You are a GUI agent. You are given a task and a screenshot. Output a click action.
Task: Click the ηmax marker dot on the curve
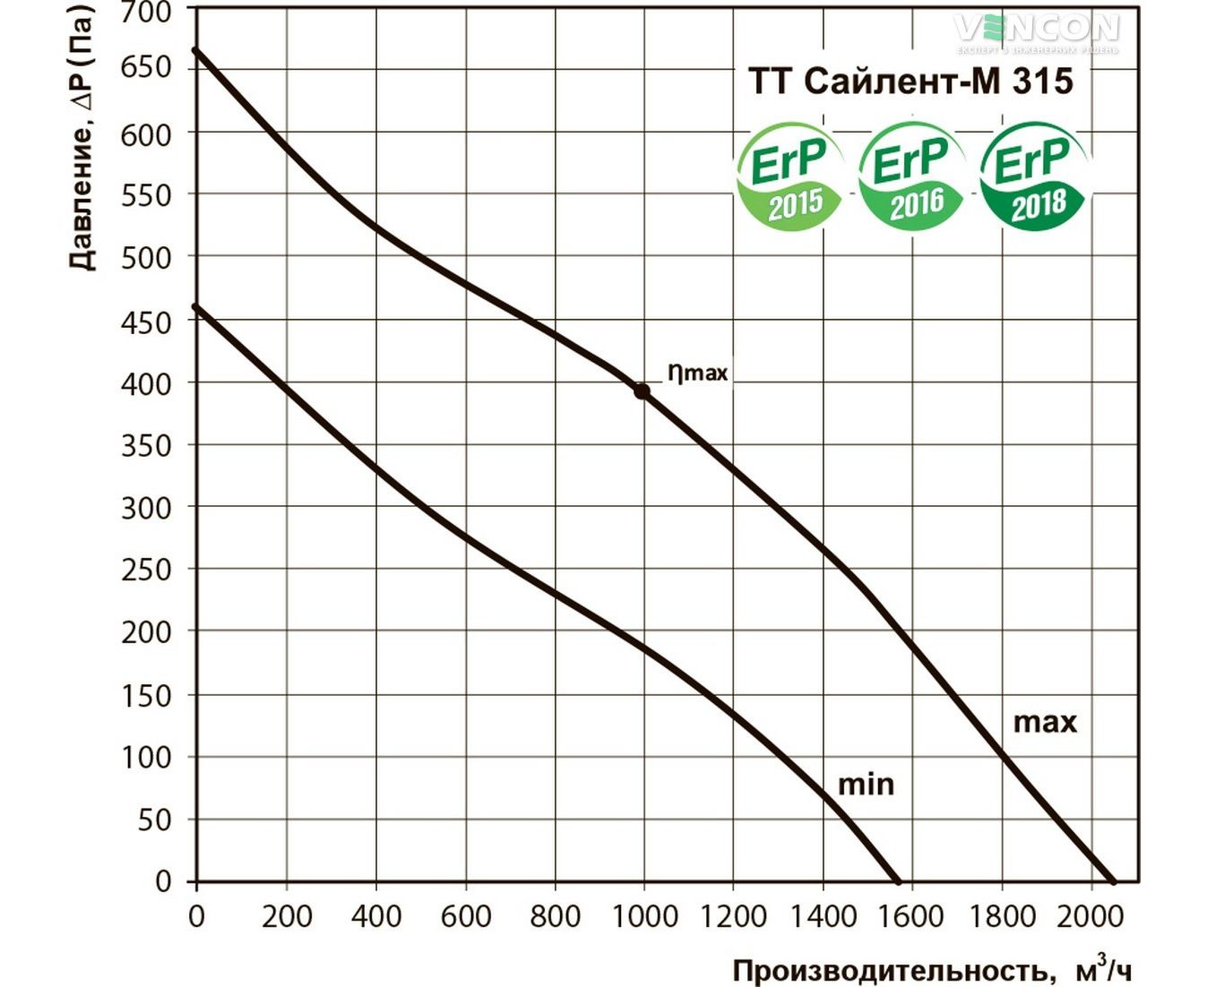[x=642, y=391]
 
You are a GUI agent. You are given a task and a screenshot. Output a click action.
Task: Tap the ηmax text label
[x=697, y=372]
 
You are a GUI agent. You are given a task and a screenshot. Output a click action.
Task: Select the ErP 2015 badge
[x=789, y=176]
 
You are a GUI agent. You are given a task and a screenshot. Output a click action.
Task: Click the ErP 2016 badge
[x=911, y=176]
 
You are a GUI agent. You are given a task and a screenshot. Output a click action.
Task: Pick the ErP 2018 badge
[x=1033, y=176]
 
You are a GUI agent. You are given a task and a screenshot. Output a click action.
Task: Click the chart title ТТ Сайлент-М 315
[x=910, y=82]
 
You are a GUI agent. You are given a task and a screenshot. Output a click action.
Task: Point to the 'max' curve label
[x=1045, y=722]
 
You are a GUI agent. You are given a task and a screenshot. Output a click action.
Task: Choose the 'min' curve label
[x=866, y=785]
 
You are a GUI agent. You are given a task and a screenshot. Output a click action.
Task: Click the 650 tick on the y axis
[x=146, y=68]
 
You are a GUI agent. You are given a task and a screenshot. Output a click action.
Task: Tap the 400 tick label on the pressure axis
[x=146, y=383]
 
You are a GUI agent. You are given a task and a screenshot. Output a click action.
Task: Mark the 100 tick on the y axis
[x=146, y=758]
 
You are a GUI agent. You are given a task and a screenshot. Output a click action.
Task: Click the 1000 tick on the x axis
[x=644, y=916]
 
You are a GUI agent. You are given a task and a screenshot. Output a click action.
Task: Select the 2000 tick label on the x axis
[x=1091, y=916]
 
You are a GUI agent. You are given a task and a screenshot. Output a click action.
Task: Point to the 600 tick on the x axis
[x=466, y=916]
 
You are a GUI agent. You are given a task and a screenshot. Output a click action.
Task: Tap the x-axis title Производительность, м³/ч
[x=933, y=970]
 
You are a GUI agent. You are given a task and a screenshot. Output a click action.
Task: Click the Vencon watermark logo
[x=1037, y=30]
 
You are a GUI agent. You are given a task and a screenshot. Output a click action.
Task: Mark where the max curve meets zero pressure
[x=1114, y=882]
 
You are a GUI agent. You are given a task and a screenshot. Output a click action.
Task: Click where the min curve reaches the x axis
[x=897, y=882]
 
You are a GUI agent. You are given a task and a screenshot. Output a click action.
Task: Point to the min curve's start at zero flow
[x=197, y=307]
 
